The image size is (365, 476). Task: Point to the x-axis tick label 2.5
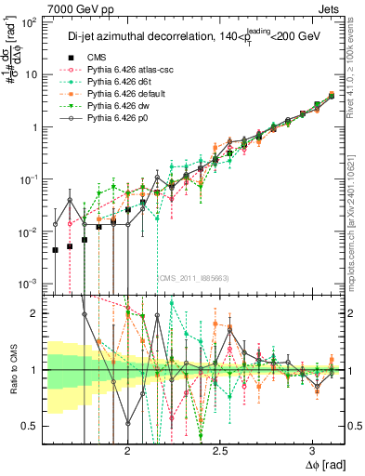coord(219,448)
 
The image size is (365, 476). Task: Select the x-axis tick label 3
coord(311,448)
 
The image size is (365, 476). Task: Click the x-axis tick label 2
coord(127,448)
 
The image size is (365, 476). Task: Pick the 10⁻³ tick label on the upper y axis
coord(28,283)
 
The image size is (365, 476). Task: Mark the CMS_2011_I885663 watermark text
coord(193,278)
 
